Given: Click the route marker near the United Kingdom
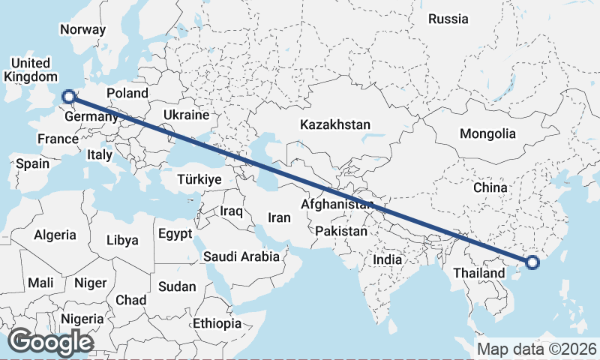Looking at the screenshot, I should tap(68, 96).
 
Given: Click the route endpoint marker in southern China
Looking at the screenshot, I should tap(532, 262).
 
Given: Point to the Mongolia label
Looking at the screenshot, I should tap(488, 133).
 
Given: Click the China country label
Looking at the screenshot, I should tap(491, 187).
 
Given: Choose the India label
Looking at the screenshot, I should tap(388, 259).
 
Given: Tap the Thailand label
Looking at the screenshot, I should tap(479, 273).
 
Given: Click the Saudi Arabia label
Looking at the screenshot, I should tap(241, 256).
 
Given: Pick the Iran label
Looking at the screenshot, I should tap(279, 217).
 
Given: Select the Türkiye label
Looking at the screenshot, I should tap(199, 179).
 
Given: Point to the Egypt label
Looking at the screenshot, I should tap(175, 234).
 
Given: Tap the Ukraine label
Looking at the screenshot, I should tap(185, 115).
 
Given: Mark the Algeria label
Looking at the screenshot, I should tap(55, 235).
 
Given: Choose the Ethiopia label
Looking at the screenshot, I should tap(217, 324).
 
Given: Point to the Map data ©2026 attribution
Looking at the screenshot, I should tap(536, 349).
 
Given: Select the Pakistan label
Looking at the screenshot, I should tap(341, 231).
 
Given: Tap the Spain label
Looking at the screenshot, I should tap(32, 163).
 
